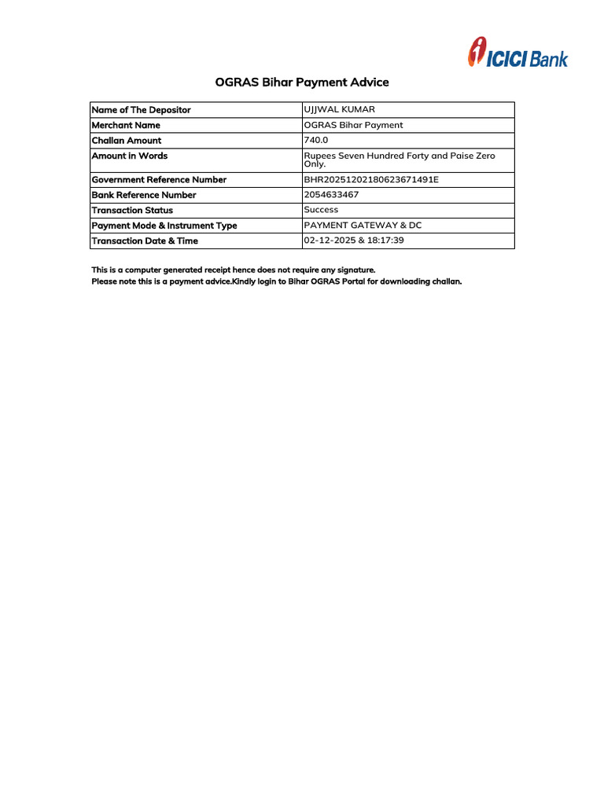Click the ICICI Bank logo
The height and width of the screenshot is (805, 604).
tap(517, 53)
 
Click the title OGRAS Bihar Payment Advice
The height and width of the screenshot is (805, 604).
tap(302, 83)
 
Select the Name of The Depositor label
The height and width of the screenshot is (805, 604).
tap(142, 110)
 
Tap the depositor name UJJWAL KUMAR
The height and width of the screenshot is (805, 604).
tap(334, 109)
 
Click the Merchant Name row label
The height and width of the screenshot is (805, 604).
tap(126, 125)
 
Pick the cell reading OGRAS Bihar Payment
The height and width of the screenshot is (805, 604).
tap(353, 125)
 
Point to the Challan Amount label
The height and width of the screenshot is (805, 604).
tap(127, 141)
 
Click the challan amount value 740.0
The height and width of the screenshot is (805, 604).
tap(316, 140)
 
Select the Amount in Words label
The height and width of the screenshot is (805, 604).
tap(130, 156)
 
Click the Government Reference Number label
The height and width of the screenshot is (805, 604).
tap(159, 180)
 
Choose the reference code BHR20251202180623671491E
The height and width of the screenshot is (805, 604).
tap(371, 179)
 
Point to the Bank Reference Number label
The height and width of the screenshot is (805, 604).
tap(144, 195)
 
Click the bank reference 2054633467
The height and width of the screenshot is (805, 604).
tap(331, 194)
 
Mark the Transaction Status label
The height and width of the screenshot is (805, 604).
tap(132, 211)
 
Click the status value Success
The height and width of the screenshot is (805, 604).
tap(321, 210)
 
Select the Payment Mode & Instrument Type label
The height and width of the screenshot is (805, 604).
tap(164, 226)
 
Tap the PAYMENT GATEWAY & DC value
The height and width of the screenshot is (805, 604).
tap(363, 225)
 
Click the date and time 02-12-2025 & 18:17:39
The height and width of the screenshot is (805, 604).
tap(354, 240)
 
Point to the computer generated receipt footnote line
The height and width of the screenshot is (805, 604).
tap(234, 270)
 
